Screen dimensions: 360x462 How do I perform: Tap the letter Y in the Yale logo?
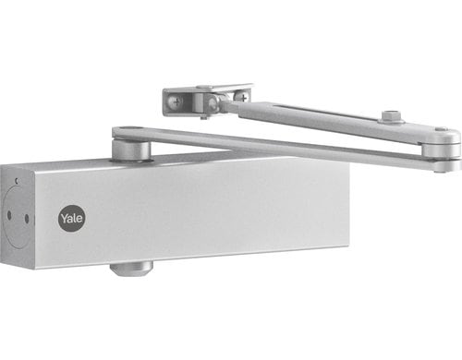(63, 219)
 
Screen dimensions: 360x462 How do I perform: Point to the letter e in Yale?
(79, 220)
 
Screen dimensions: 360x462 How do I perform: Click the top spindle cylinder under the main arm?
(129, 150)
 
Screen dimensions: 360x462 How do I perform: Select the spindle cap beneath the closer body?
(130, 268)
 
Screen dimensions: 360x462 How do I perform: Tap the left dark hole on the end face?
(9, 216)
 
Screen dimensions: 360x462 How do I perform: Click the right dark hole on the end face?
(26, 219)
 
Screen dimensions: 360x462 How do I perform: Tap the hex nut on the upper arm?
(390, 117)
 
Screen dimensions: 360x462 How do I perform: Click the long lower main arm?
(277, 146)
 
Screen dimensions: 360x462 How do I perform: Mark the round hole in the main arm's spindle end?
(128, 131)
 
